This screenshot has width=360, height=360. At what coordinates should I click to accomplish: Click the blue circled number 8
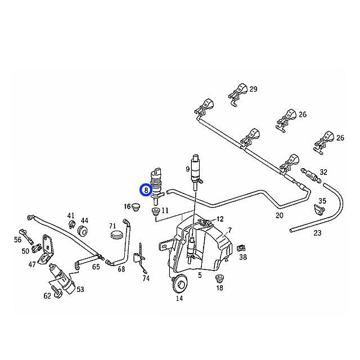click(146, 191)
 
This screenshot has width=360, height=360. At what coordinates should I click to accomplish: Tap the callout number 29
click(253, 89)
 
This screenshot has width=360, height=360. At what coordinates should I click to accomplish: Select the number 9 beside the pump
click(188, 168)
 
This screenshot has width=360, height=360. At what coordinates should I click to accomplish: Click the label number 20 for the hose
click(280, 215)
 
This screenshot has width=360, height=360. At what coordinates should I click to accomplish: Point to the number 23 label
click(317, 233)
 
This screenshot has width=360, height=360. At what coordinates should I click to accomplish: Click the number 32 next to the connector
click(323, 172)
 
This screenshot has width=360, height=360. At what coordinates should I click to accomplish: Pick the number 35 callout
click(322, 201)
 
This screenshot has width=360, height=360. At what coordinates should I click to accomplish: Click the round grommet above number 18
click(219, 278)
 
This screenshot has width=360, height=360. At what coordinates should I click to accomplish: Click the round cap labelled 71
click(117, 235)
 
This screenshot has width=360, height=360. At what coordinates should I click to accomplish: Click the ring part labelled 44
click(83, 231)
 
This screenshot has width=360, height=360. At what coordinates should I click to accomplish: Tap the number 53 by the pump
click(80, 289)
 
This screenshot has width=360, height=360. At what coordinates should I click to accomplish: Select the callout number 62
click(47, 295)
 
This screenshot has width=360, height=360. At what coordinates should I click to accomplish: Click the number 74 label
click(146, 278)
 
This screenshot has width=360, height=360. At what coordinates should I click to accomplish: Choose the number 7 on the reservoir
click(229, 231)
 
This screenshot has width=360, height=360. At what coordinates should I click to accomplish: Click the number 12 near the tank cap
click(220, 219)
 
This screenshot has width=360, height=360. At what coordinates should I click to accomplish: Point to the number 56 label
click(17, 240)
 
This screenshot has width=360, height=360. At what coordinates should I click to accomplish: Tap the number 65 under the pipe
click(96, 267)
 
